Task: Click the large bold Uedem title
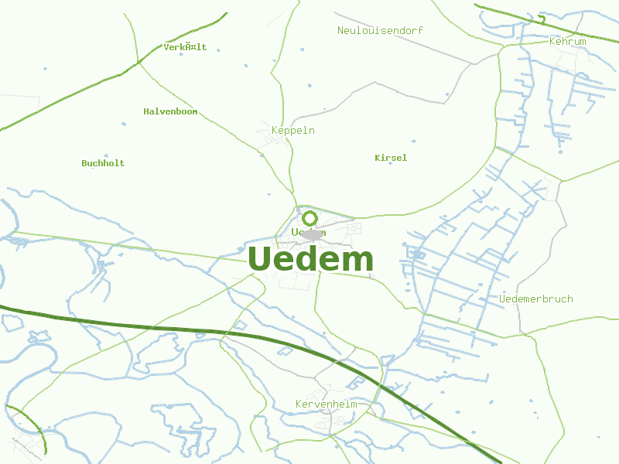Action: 311,260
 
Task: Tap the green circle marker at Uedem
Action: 309,218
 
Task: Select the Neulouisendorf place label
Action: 380,30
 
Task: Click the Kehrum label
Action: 567,41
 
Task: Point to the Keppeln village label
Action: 292,131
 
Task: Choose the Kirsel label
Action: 391,158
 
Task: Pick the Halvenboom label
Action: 170,111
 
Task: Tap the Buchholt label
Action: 103,163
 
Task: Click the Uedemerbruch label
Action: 536,299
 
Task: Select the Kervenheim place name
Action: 326,404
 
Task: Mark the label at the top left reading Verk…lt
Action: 185,47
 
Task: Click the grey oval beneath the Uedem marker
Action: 311,234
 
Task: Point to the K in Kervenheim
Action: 299,404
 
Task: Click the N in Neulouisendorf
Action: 340,30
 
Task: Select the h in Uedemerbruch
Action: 569,299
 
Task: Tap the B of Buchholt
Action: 84,163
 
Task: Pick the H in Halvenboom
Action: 146,111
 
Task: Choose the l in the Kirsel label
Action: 404,158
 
